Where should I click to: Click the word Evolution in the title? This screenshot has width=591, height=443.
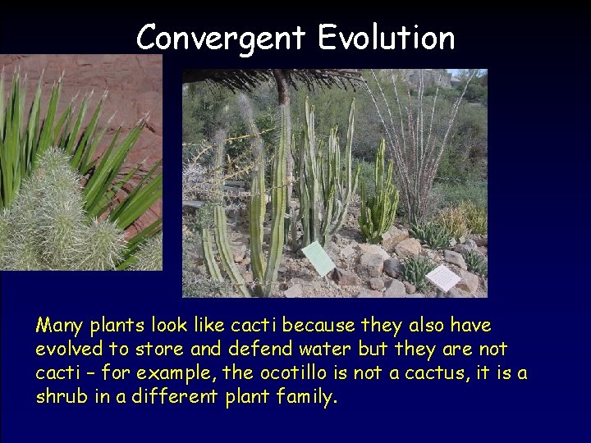click(386, 38)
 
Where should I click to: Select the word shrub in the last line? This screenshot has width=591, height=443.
click(59, 398)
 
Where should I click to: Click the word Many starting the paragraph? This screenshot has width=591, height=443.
click(60, 327)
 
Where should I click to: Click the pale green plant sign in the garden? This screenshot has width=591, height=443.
click(318, 258)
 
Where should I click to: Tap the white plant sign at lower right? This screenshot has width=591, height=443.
click(443, 277)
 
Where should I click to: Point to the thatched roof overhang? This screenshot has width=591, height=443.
click(271, 79)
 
